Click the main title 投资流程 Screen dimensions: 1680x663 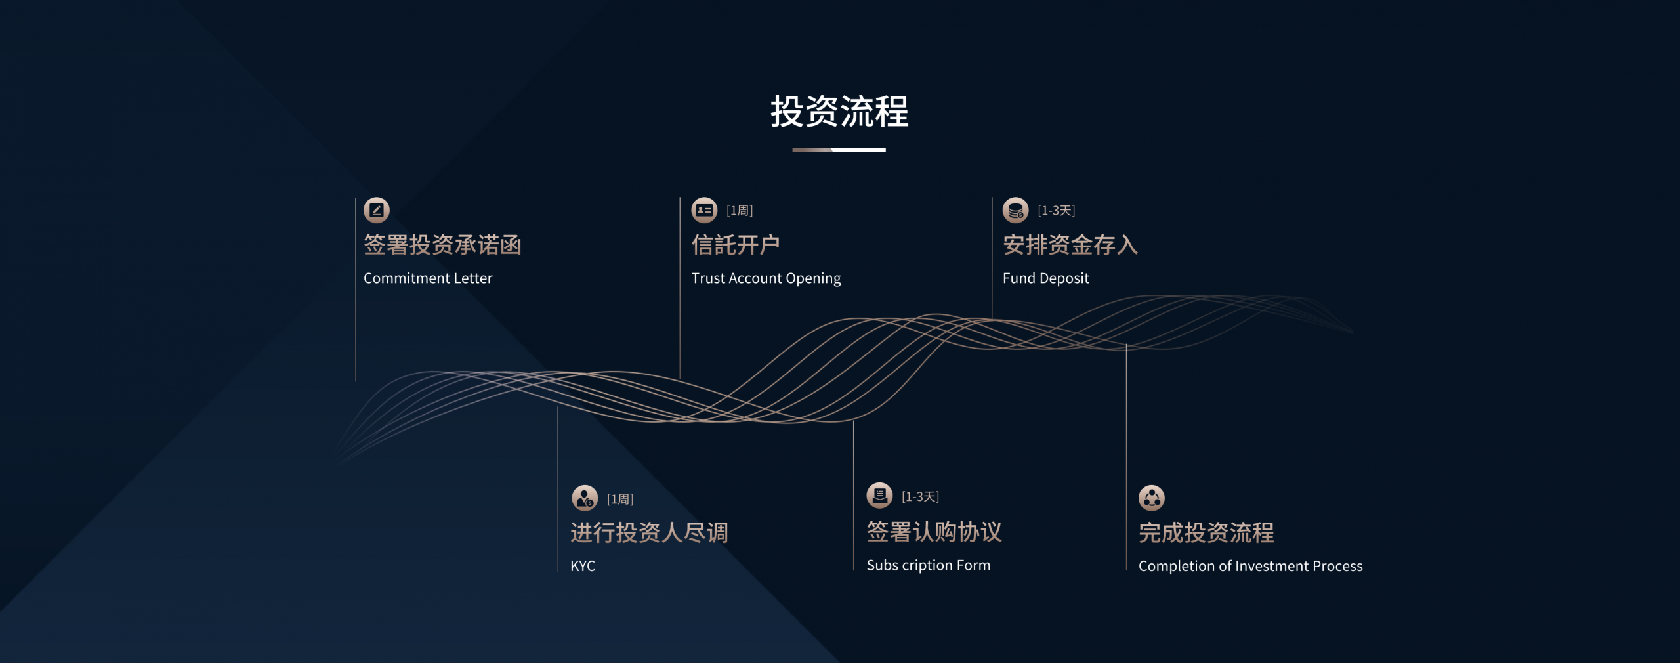coord(839,111)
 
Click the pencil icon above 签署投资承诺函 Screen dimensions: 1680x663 coord(377,210)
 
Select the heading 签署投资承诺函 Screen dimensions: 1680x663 coord(443,245)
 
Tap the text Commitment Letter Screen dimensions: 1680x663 coord(428,278)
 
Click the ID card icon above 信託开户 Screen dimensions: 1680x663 coord(704,210)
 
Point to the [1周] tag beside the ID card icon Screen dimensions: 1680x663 coord(740,211)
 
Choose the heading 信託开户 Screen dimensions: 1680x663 coord(736,245)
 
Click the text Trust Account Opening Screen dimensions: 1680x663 coord(766,278)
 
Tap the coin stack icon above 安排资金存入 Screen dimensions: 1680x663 coord(1015,210)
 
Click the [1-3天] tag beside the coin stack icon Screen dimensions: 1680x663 coord(1057,211)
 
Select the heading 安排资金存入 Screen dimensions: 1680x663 coord(1070,245)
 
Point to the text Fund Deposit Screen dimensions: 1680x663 coord(1046,278)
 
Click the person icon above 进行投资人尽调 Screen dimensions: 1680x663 coord(585,498)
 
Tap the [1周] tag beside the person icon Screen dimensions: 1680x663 coord(620,500)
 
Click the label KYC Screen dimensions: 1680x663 coord(583,566)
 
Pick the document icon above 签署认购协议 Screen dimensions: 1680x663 coord(879,496)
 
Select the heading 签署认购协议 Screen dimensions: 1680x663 coord(934,532)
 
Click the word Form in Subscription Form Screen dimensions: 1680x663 coord(973,565)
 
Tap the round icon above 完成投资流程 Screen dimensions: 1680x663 coord(1152,498)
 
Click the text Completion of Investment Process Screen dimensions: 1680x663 coord(1251,566)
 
